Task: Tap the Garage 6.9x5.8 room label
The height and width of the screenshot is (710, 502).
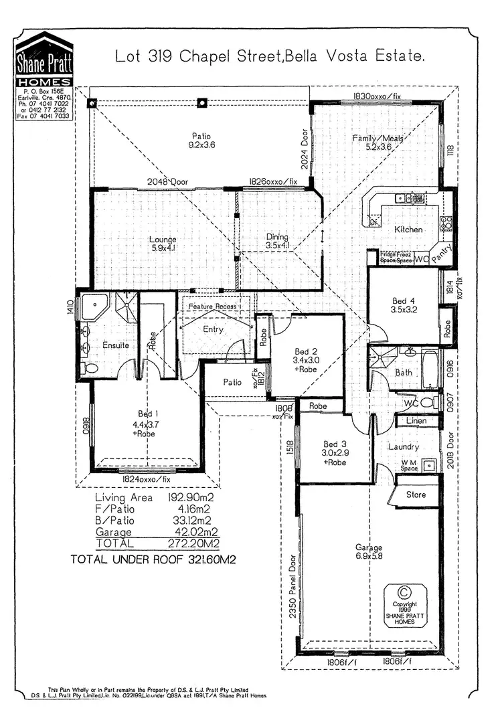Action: (x=369, y=552)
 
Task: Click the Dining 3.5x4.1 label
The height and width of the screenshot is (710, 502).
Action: (x=276, y=242)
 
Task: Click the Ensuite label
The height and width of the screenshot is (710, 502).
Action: (x=116, y=345)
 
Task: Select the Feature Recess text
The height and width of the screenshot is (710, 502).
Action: (x=212, y=306)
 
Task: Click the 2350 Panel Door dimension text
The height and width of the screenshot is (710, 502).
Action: (x=292, y=588)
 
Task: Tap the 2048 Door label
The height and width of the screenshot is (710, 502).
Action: (x=169, y=181)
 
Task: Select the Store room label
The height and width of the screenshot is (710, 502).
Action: (x=416, y=496)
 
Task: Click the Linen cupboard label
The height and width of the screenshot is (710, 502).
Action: (x=416, y=421)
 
